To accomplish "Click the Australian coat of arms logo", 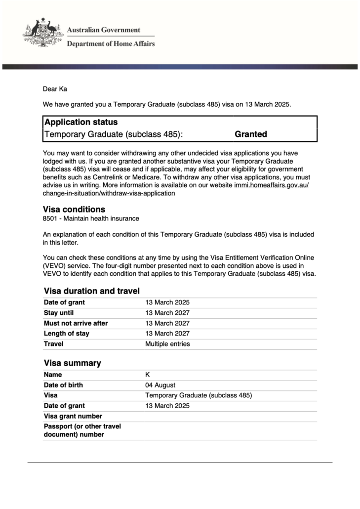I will click(x=43, y=33).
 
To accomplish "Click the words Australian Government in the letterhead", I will click(x=103, y=30).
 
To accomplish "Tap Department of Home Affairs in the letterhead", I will click(x=111, y=43).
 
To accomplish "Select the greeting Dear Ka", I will click(x=54, y=89).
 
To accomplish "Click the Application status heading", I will click(x=81, y=122).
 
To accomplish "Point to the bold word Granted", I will click(x=251, y=134).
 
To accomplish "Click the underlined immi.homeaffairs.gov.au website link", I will click(x=271, y=185).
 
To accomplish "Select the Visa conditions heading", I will click(x=74, y=210).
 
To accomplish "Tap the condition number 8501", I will click(x=51, y=218).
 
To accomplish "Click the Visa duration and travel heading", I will click(x=91, y=291).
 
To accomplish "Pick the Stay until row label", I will click(x=59, y=313).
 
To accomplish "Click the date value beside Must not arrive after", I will click(x=167, y=323).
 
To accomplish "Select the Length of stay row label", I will click(x=66, y=334).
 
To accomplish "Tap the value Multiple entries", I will click(x=167, y=344).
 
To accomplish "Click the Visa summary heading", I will click(x=72, y=363).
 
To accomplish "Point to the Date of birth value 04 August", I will click(x=160, y=385).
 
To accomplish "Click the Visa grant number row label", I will click(x=73, y=416).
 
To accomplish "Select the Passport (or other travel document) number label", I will click(x=82, y=430).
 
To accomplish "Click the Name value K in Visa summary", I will click(x=147, y=375).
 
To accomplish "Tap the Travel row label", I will click(x=53, y=344).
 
